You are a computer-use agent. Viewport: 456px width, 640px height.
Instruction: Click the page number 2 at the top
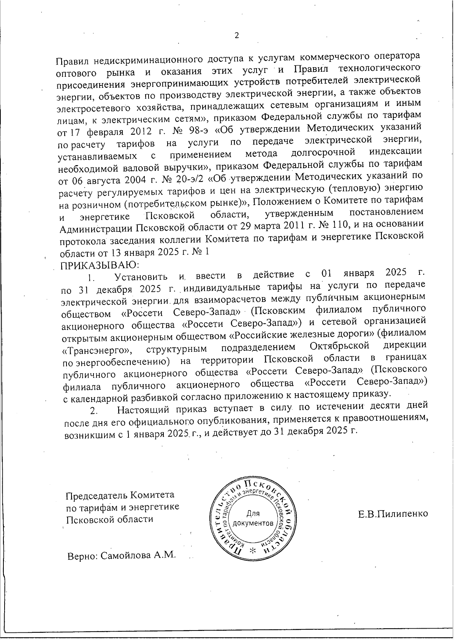(x=237, y=36)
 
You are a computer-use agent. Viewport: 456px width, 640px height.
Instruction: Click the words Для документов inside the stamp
(x=253, y=519)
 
